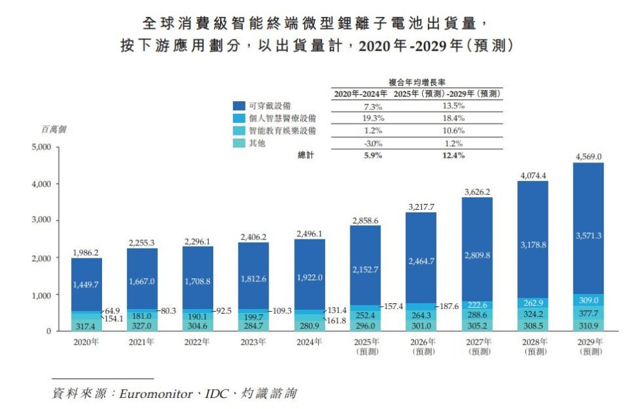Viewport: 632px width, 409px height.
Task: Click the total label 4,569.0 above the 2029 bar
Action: coord(588,156)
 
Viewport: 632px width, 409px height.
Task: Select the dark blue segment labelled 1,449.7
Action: coord(86,284)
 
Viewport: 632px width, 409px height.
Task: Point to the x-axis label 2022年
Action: coord(197,341)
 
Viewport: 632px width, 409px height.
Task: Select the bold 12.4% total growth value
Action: coord(454,156)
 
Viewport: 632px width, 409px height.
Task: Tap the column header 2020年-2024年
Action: coord(360,94)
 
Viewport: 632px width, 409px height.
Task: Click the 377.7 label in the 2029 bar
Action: coord(588,313)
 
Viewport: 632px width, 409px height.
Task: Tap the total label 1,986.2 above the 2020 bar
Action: coord(86,252)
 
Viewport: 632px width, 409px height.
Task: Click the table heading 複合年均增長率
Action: coord(417,83)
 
